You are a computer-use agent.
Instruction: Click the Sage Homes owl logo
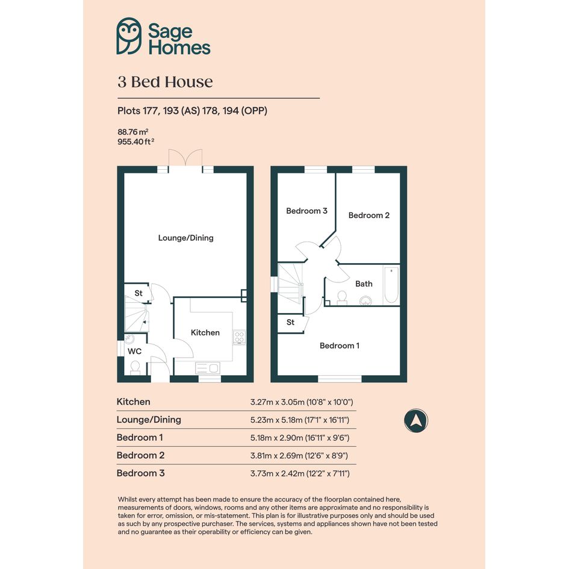pos(129,36)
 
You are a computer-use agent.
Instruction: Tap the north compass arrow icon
pos(416,420)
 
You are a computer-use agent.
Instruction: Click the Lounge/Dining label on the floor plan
pos(186,238)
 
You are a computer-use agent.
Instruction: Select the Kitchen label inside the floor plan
pos(205,332)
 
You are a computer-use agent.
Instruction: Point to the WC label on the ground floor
pos(135,351)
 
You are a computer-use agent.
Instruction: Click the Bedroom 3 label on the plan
pos(306,211)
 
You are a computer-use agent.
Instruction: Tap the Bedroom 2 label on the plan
pos(368,215)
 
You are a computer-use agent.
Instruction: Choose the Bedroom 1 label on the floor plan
pos(340,346)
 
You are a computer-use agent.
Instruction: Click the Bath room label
pos(364,284)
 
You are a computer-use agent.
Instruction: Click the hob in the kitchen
pos(239,337)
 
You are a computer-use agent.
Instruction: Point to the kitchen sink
pos(208,368)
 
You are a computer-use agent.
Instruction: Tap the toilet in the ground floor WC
pos(135,368)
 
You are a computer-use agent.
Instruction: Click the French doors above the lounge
pos(185,158)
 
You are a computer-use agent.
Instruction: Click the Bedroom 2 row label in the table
pos(140,455)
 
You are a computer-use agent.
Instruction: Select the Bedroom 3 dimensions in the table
pos(300,473)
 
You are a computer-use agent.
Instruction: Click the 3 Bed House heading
pos(165,82)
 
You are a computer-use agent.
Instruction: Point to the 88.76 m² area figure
pos(133,132)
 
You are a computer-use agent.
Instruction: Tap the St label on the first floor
pos(290,322)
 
